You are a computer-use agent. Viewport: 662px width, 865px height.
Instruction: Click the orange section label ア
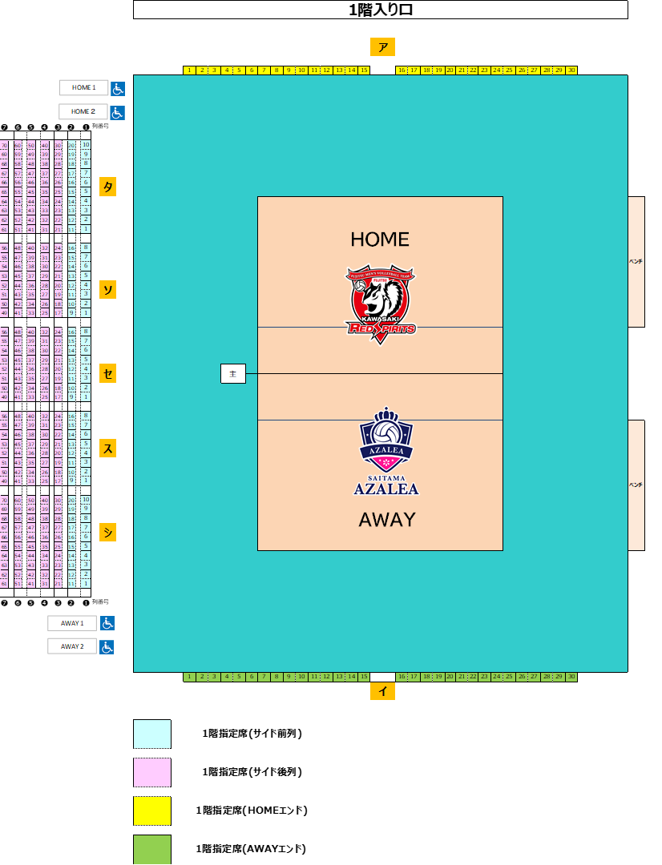click(x=382, y=47)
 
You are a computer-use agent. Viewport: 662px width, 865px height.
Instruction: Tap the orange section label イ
click(x=382, y=691)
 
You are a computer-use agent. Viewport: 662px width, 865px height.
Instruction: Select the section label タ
click(x=107, y=187)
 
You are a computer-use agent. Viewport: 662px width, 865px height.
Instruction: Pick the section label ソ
click(x=107, y=289)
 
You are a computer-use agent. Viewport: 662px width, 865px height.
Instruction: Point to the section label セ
click(x=107, y=373)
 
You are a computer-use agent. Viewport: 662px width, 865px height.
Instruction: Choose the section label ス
click(x=107, y=448)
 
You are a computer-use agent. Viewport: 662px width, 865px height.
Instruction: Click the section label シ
click(x=107, y=532)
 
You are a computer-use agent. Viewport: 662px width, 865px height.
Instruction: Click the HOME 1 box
click(x=83, y=87)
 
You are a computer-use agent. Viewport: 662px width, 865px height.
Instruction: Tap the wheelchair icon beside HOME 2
click(x=117, y=112)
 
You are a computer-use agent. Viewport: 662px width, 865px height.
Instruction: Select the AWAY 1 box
click(x=71, y=623)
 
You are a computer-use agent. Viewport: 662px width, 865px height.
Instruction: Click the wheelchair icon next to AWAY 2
click(x=107, y=646)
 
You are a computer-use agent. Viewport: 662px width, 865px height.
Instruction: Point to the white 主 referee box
click(x=233, y=373)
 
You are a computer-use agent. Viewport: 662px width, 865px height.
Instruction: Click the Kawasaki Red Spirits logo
click(x=381, y=304)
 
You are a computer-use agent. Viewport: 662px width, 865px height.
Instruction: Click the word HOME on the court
click(x=380, y=239)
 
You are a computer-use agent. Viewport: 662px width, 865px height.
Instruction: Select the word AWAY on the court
click(x=387, y=520)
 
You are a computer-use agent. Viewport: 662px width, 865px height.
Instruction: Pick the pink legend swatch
click(x=152, y=773)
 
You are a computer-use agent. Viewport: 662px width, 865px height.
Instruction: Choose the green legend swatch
click(x=152, y=849)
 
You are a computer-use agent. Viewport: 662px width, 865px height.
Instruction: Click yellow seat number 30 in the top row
click(x=571, y=70)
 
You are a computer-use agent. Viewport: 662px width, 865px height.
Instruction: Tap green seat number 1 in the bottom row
click(x=189, y=677)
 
